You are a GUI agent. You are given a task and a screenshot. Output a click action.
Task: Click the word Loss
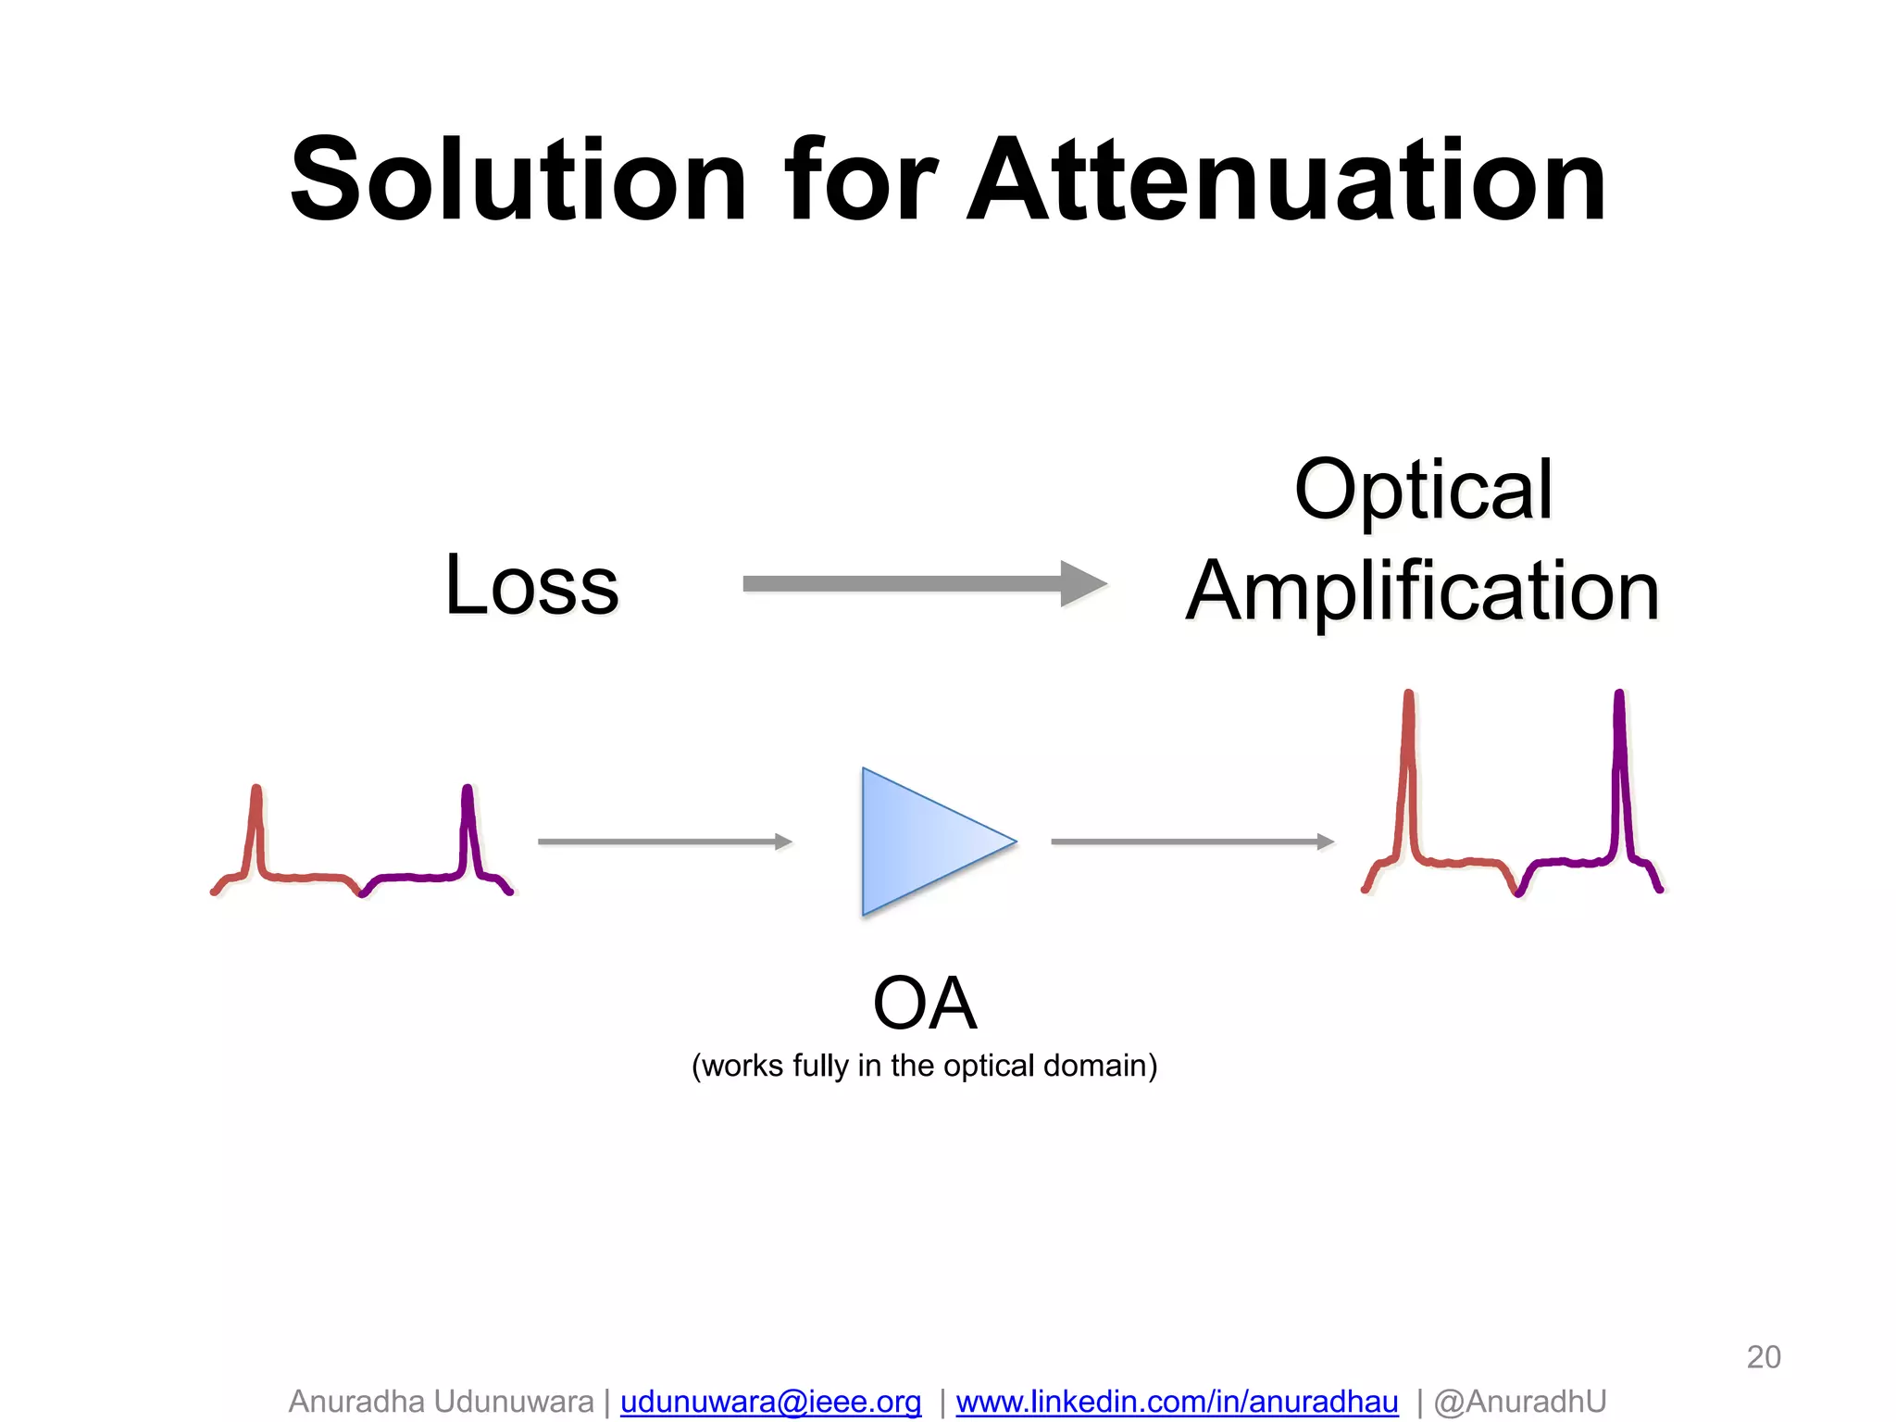[531, 585]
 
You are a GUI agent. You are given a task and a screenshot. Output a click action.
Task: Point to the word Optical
[1423, 491]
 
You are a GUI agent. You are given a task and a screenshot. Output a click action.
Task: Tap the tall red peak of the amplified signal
[1408, 768]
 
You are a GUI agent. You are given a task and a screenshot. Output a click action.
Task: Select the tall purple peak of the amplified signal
[1619, 768]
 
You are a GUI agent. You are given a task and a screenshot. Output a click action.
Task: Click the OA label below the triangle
[924, 1004]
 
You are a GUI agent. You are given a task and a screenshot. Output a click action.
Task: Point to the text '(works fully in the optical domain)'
[924, 1066]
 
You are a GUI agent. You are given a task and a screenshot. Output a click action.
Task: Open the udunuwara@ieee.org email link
[770, 1401]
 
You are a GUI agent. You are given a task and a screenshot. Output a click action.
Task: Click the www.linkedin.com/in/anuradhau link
[1177, 1401]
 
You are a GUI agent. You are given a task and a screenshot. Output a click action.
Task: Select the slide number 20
[1763, 1356]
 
